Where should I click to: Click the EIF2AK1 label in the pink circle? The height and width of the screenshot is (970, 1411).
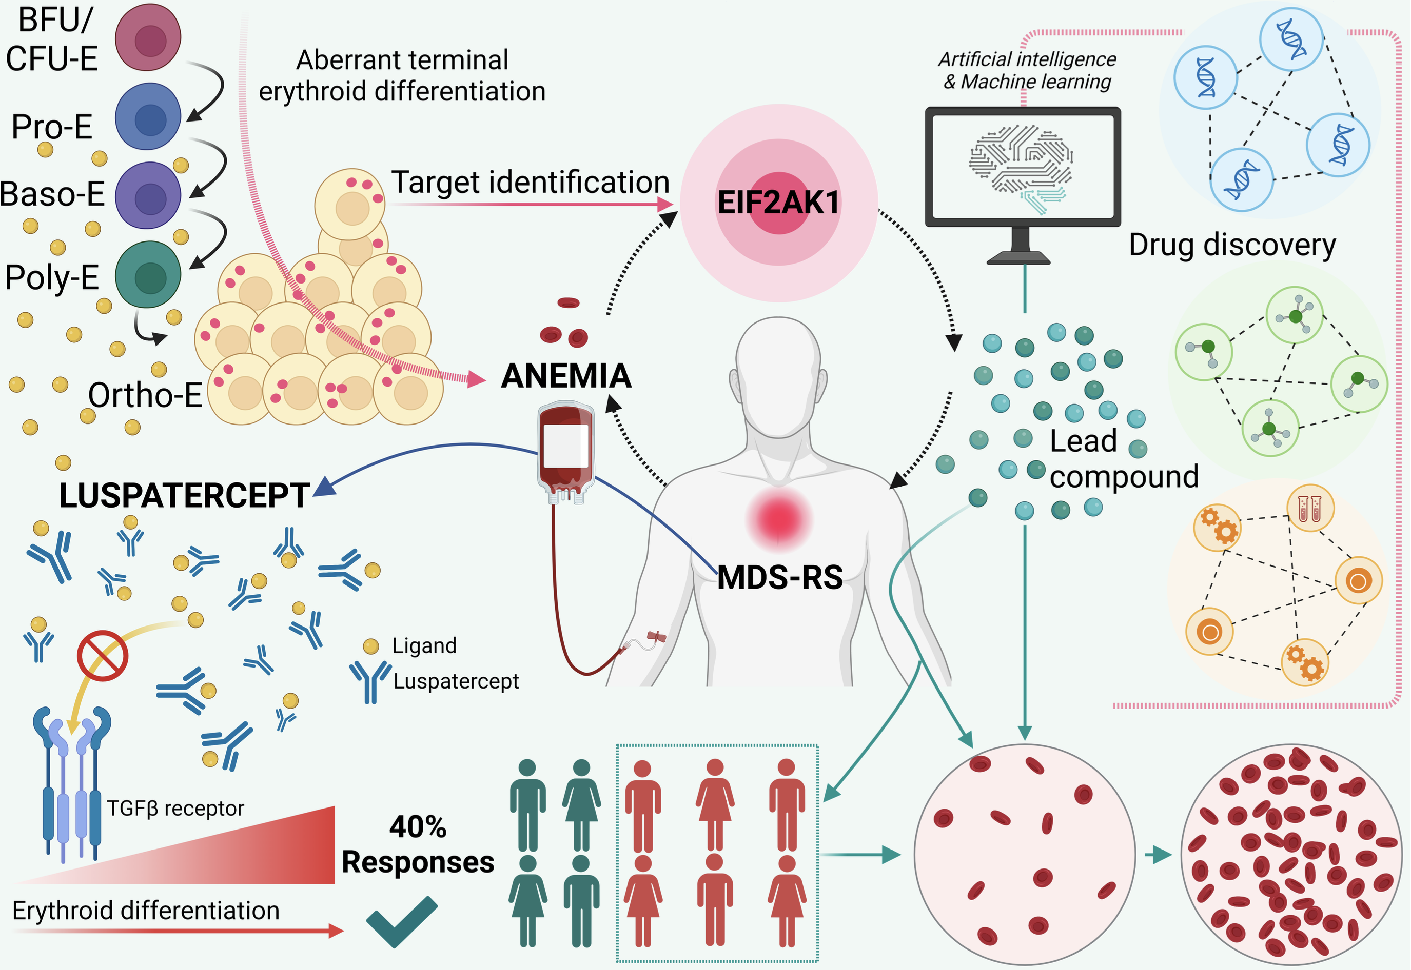pos(778,203)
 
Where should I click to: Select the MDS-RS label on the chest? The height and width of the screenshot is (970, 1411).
pos(780,577)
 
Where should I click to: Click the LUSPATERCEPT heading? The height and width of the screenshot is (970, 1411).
pos(184,496)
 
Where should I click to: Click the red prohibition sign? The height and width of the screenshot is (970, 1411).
pos(102,655)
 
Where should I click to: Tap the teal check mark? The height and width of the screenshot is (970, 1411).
pos(401,921)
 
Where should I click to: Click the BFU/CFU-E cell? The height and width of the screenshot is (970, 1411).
pos(148,37)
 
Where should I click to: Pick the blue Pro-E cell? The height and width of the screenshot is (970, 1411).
pos(148,117)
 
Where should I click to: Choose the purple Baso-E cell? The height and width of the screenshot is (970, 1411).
pos(148,196)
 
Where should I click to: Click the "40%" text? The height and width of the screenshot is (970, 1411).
pos(418,827)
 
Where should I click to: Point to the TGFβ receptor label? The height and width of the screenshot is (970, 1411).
pos(175,809)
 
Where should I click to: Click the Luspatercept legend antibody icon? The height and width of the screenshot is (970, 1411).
pos(370,681)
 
